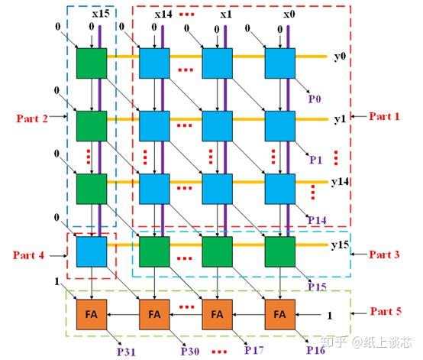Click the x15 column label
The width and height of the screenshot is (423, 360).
coord(101,14)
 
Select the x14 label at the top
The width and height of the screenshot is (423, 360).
coord(163,14)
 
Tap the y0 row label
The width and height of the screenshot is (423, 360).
coord(340,57)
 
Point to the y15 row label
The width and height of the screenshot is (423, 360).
coord(341,245)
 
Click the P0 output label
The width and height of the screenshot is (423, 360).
coord(315,99)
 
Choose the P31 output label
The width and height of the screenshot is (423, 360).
coord(126,352)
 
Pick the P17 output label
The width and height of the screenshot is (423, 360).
coord(253,350)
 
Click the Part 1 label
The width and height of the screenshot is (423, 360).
coord(384,116)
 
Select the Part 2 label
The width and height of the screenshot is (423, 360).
coord(32,118)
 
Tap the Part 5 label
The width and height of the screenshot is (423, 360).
coord(386,311)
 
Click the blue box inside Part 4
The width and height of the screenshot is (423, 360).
coord(92,251)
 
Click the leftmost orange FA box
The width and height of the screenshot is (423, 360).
coord(92,314)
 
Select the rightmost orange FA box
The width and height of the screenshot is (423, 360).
coord(279,314)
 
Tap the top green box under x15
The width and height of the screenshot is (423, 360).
coord(92,63)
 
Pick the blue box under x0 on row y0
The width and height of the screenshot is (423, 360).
coord(279,63)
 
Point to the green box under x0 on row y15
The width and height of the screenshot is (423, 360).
coord(279,251)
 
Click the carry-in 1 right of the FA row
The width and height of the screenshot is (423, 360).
coord(330,316)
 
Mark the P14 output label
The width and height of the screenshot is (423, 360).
coord(318,220)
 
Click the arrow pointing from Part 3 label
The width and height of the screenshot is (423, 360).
coord(359,254)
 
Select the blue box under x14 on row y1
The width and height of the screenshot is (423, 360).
coord(154,126)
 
